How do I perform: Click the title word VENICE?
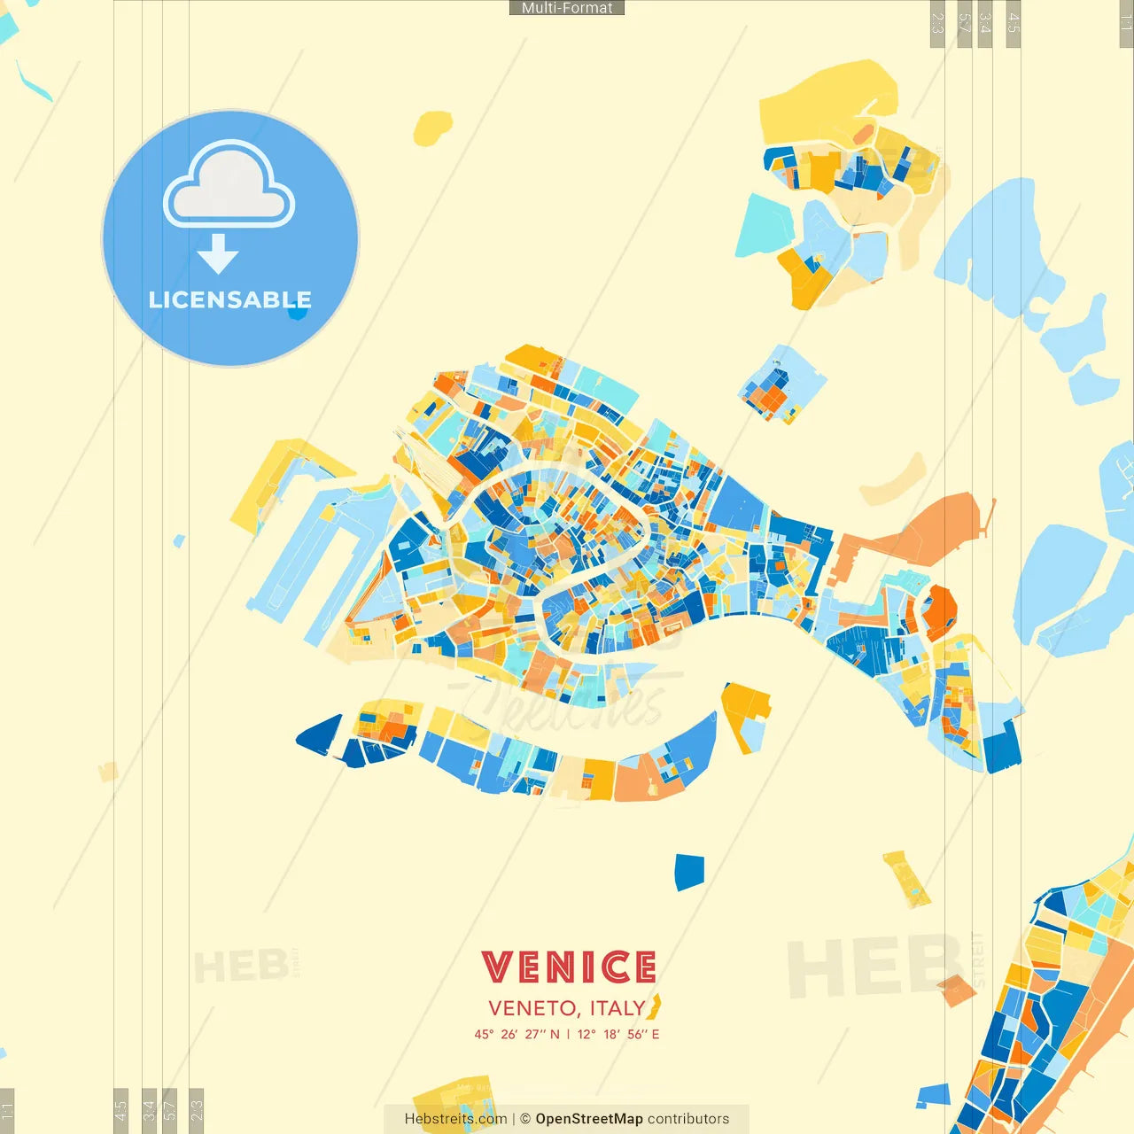pos(569,967)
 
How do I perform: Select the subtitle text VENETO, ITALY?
pos(566,1008)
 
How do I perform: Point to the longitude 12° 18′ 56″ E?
pos(618,1034)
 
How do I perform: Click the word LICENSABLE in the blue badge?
pos(229,299)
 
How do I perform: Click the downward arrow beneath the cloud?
pos(218,254)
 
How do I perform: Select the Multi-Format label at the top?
pos(567,8)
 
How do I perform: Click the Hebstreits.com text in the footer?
pos(455,1119)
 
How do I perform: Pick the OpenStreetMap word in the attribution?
pos(588,1119)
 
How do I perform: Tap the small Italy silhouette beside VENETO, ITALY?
pos(656,1007)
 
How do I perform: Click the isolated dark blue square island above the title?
pos(688,872)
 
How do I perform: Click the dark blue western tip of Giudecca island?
pos(321,735)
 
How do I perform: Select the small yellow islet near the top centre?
pos(432,128)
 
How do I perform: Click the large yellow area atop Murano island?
pos(824,102)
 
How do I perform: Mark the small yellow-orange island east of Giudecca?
pos(744,713)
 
